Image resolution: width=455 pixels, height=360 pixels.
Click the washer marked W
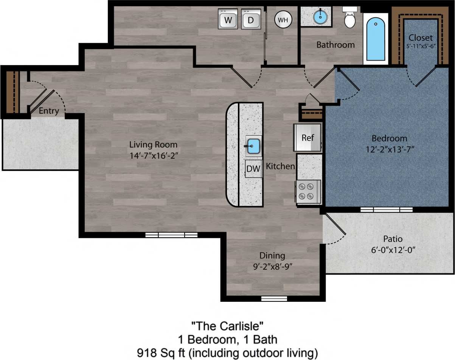coord(228,19)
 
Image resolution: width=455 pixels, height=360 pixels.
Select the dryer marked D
coord(251,19)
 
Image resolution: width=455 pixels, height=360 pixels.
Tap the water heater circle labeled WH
coord(283,20)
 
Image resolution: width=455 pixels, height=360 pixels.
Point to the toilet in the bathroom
coord(350,19)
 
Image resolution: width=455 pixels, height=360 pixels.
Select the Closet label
coord(420,38)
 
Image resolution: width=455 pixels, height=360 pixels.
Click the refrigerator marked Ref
coord(307,138)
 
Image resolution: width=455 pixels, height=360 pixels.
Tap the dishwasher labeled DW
coord(253,169)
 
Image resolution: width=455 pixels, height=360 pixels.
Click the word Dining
coord(272,256)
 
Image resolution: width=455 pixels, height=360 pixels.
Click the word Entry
coord(49,111)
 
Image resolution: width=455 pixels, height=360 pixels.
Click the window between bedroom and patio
coord(386,209)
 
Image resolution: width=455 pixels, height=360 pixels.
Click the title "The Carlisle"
coord(227,325)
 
